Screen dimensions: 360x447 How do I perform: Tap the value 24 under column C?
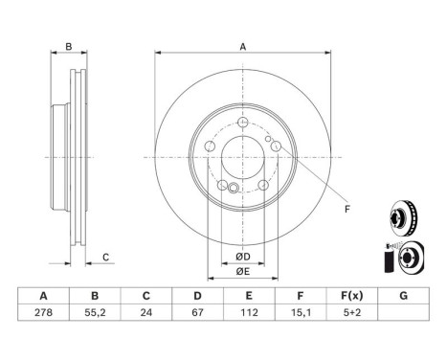click(x=145, y=311)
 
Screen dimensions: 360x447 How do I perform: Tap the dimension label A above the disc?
click(x=243, y=47)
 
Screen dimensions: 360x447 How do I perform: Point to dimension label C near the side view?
click(x=106, y=256)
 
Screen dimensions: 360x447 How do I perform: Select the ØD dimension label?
click(x=243, y=256)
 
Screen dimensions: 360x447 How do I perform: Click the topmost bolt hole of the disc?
click(x=243, y=123)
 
